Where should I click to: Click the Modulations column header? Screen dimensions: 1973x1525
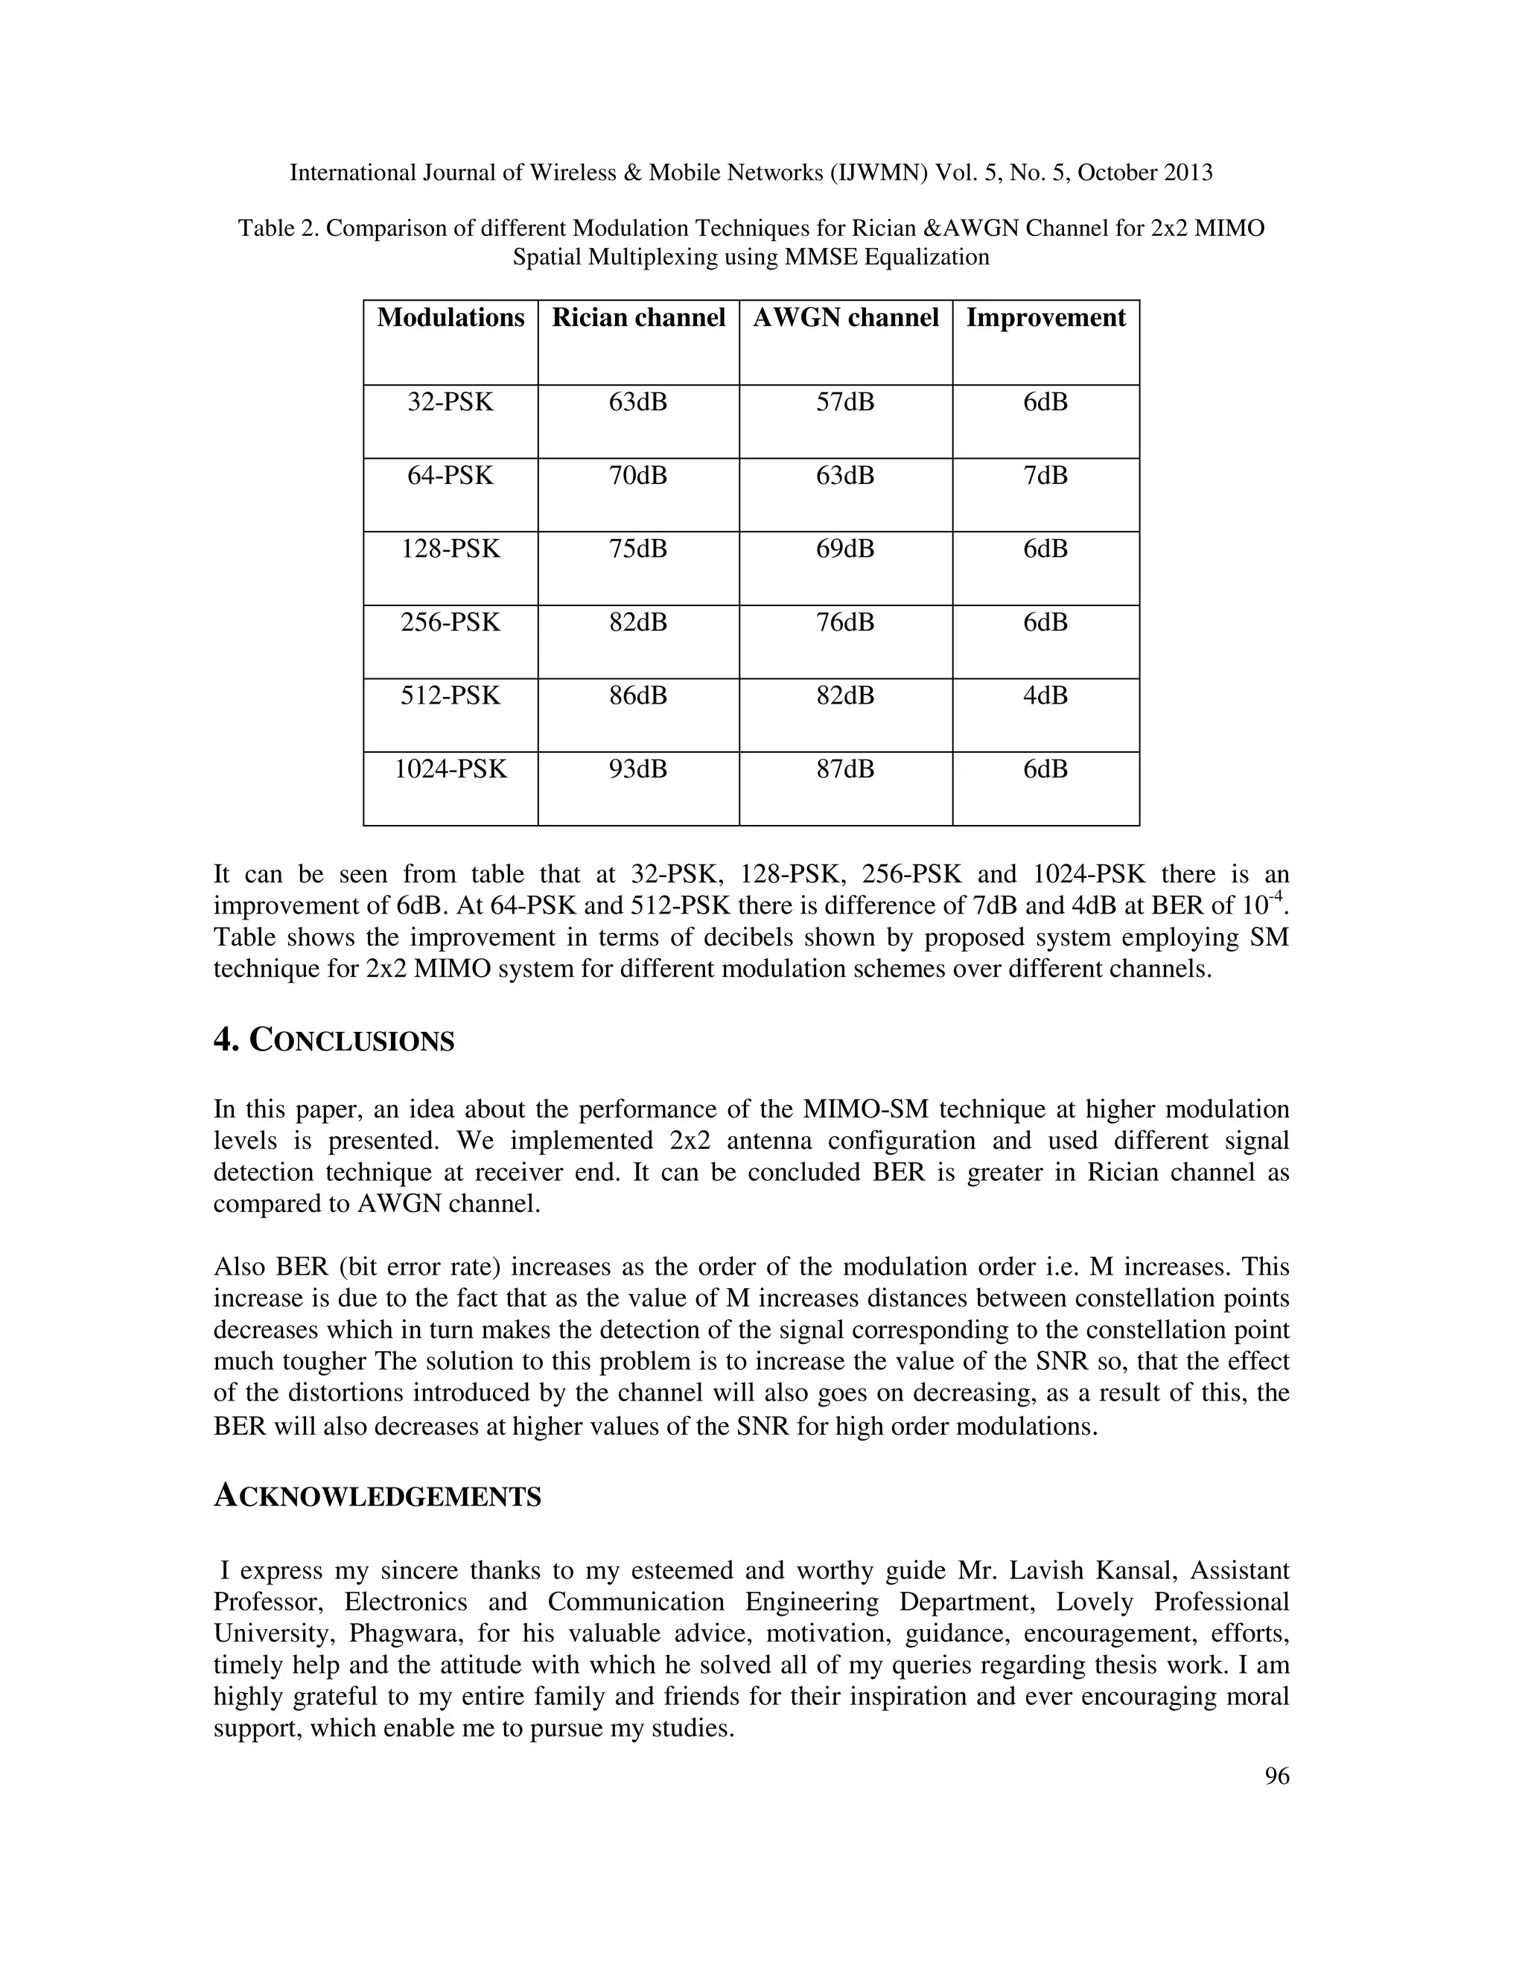pyautogui.click(x=450, y=318)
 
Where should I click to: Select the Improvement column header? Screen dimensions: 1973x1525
pyautogui.click(x=1045, y=318)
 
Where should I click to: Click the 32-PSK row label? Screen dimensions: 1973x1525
pyautogui.click(x=450, y=402)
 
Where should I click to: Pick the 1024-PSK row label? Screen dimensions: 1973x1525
pyautogui.click(x=450, y=769)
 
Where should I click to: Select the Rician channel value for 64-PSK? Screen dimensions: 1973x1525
pyautogui.click(x=638, y=475)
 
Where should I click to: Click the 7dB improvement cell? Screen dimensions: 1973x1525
pyautogui.click(x=1045, y=475)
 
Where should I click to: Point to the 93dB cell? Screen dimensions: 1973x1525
pyautogui.click(x=638, y=769)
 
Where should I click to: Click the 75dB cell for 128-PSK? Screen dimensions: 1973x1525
pyautogui.click(x=638, y=549)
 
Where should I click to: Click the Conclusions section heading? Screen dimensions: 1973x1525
pyautogui.click(x=334, y=1041)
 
